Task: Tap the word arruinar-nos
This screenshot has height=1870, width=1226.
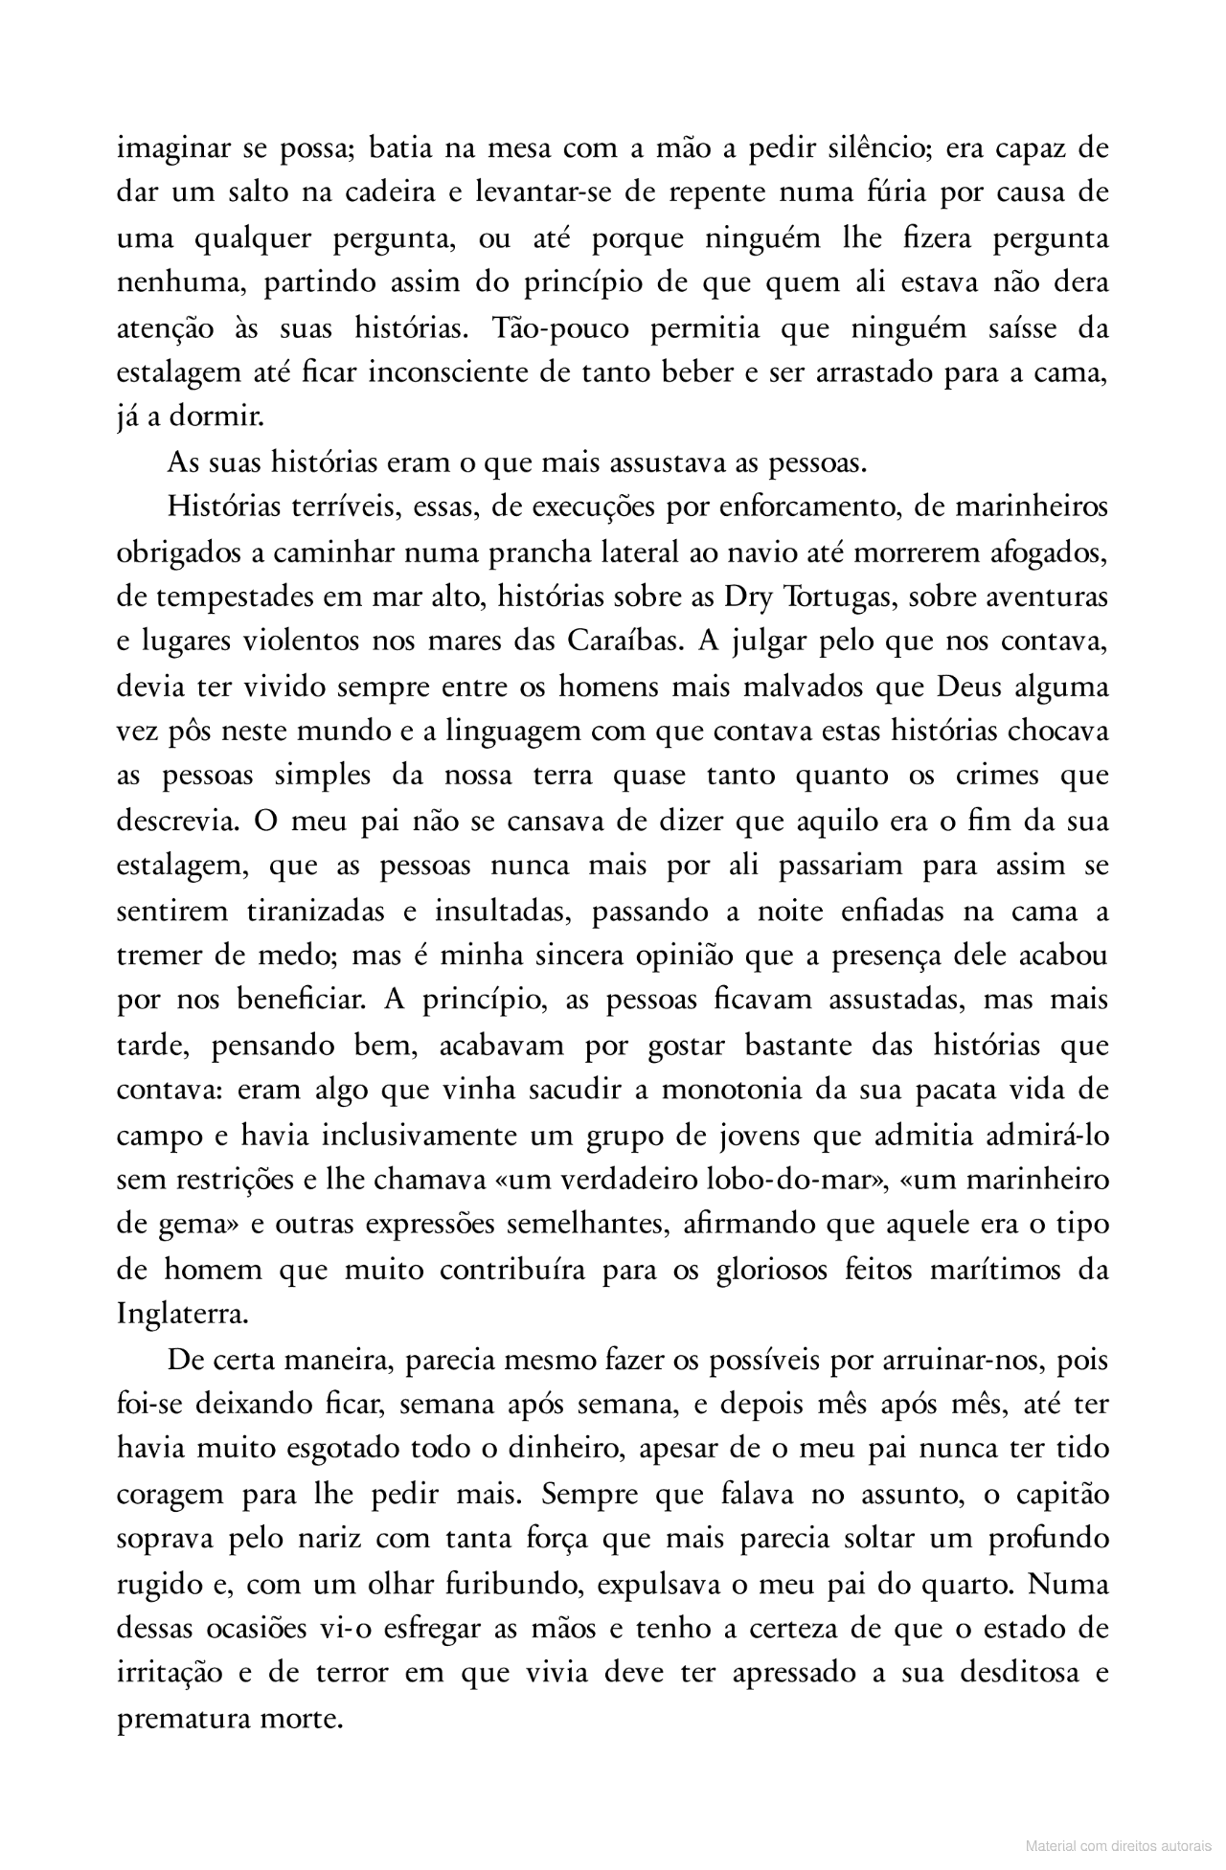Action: point(971,1360)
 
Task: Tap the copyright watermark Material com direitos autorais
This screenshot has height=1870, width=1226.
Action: point(1118,1844)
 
